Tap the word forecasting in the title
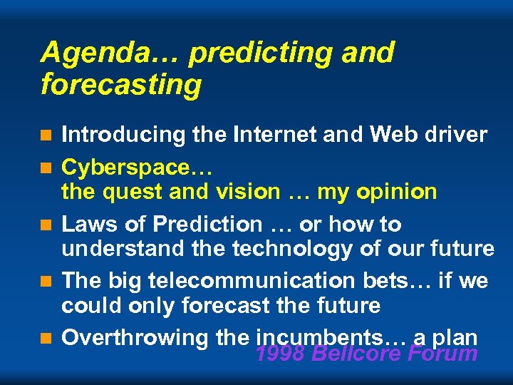pyautogui.click(x=121, y=85)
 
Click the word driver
pyautogui.click(x=459, y=134)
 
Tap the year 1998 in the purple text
pyautogui.click(x=280, y=353)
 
